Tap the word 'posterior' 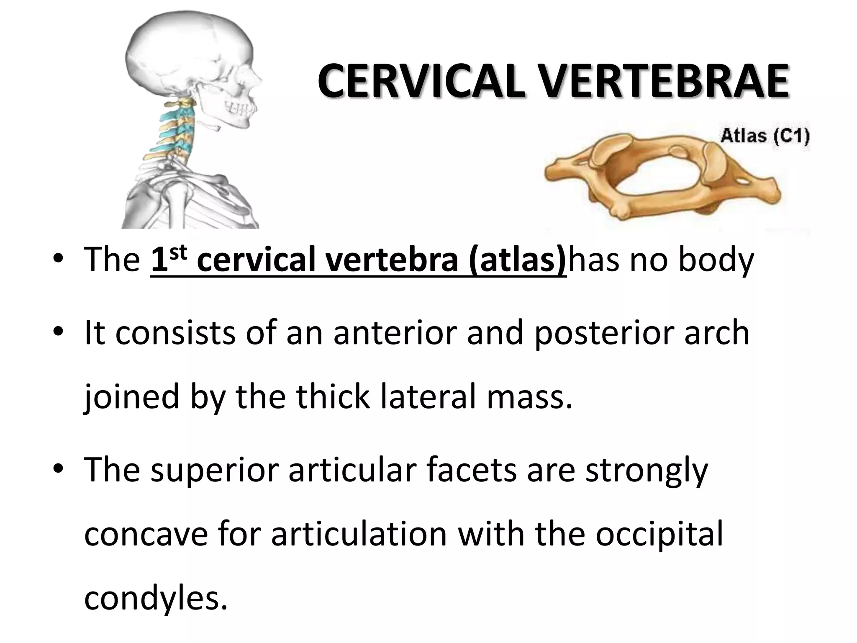point(603,334)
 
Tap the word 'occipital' point(659,535)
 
